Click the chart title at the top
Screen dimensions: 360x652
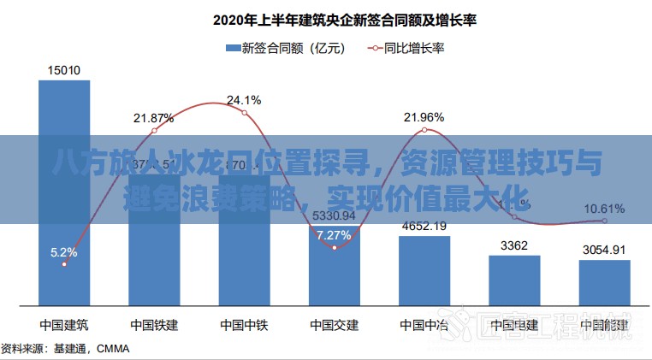(334, 18)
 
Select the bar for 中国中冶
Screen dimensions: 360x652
(424, 269)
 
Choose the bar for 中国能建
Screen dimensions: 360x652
(604, 282)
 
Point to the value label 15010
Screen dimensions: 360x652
(64, 70)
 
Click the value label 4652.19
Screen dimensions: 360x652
(424, 226)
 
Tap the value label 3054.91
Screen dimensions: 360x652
(604, 250)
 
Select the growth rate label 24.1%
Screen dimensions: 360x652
(245, 100)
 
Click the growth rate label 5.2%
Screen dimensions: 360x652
(64, 252)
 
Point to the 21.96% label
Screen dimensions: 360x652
(424, 116)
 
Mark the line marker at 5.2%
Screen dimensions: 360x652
(64, 265)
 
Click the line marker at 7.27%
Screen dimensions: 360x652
(335, 247)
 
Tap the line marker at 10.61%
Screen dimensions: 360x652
(604, 221)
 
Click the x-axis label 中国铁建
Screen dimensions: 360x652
(154, 325)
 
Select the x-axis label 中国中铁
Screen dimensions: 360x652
(245, 325)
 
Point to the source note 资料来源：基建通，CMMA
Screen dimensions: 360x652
(60, 349)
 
